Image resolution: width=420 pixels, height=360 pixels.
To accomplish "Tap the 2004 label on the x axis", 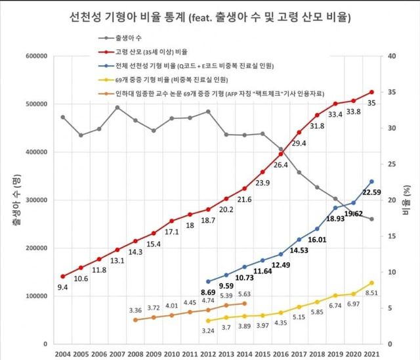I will point(63,353).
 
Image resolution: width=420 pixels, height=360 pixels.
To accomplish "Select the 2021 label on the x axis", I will point(371,353).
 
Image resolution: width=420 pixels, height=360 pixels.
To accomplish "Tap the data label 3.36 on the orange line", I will point(135,310).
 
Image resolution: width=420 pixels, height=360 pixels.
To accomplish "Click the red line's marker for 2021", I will point(371,92).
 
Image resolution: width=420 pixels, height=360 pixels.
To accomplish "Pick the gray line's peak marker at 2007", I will point(117,107).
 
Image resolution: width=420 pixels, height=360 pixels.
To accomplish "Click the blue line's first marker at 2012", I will point(208,281).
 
